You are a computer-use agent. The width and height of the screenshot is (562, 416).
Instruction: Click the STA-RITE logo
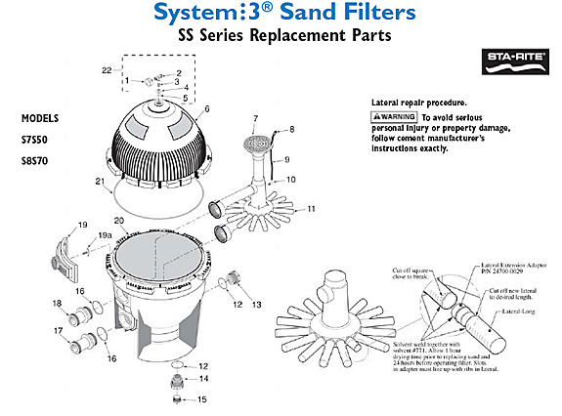click(x=510, y=68)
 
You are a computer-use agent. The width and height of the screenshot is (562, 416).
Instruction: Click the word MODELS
click(x=41, y=117)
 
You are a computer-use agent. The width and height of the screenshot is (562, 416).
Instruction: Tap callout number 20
click(x=118, y=221)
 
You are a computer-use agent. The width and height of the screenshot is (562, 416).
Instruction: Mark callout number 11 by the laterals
click(x=312, y=210)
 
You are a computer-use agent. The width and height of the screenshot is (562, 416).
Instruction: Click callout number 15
click(x=203, y=399)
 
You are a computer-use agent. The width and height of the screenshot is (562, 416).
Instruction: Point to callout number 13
click(x=257, y=305)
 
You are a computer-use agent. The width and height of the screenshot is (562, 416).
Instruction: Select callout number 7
click(x=255, y=119)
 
